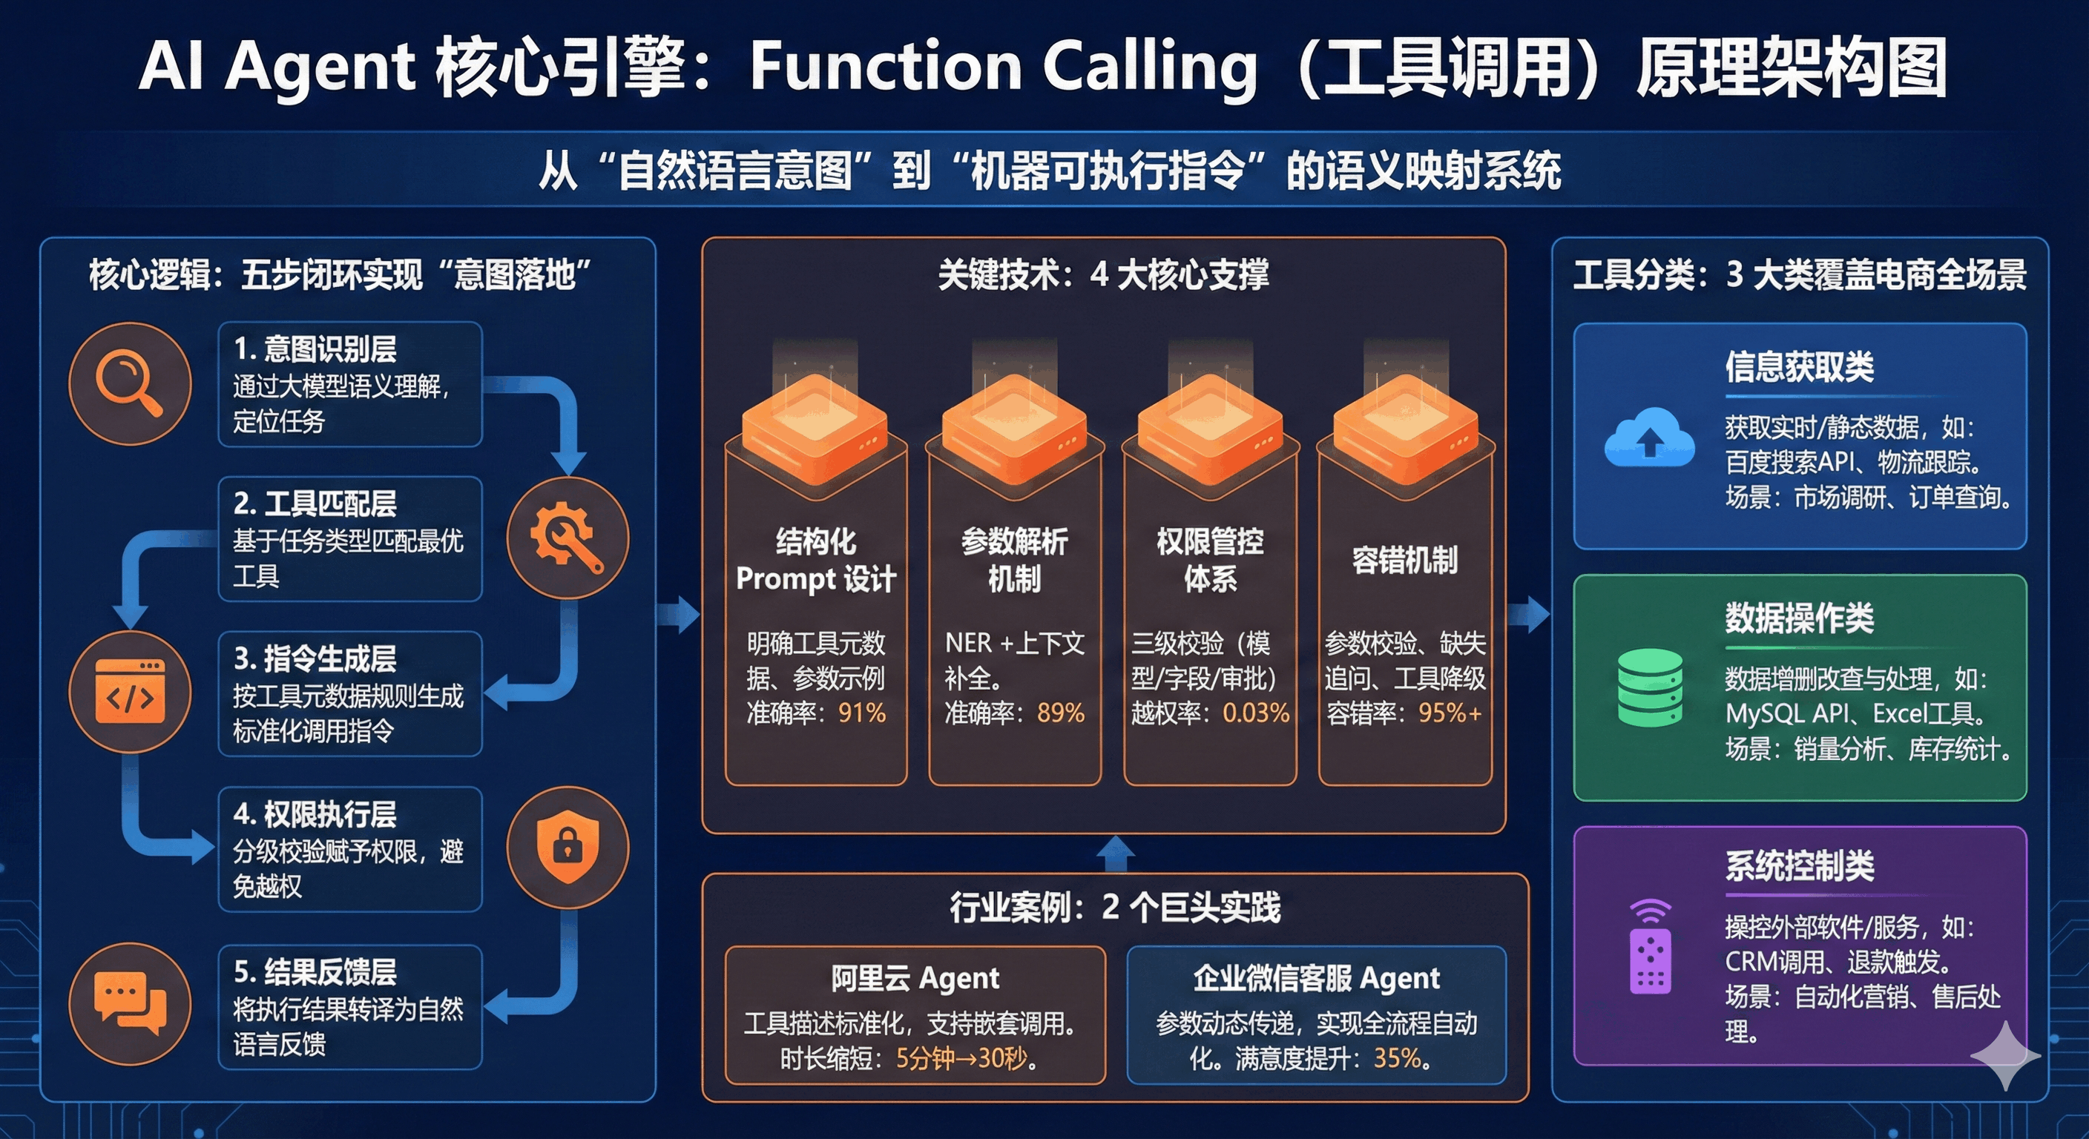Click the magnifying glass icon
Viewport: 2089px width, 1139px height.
click(x=130, y=383)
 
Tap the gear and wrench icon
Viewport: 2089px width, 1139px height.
click(x=567, y=538)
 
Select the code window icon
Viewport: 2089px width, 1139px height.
click(x=130, y=692)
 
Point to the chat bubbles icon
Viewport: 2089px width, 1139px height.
click(x=130, y=1003)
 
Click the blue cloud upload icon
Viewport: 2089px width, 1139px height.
click(x=1648, y=438)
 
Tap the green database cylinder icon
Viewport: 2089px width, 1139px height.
click(x=1648, y=687)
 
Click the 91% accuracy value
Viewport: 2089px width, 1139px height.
click(x=861, y=713)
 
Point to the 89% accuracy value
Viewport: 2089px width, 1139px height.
click(x=1060, y=713)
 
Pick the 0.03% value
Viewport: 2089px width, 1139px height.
click(x=1255, y=713)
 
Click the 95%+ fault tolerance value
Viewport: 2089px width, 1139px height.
click(x=1450, y=713)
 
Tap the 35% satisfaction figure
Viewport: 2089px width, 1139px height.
click(x=1396, y=1058)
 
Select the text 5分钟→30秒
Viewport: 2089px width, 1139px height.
click(x=961, y=1058)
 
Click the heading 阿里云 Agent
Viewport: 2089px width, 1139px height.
click(x=915, y=979)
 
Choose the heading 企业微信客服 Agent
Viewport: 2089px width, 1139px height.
click(x=1316, y=979)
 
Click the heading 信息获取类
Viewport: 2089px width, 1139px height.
click(x=1799, y=367)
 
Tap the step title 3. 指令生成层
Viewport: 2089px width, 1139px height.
click(x=315, y=658)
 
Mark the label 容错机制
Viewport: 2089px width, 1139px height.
click(x=1404, y=560)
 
